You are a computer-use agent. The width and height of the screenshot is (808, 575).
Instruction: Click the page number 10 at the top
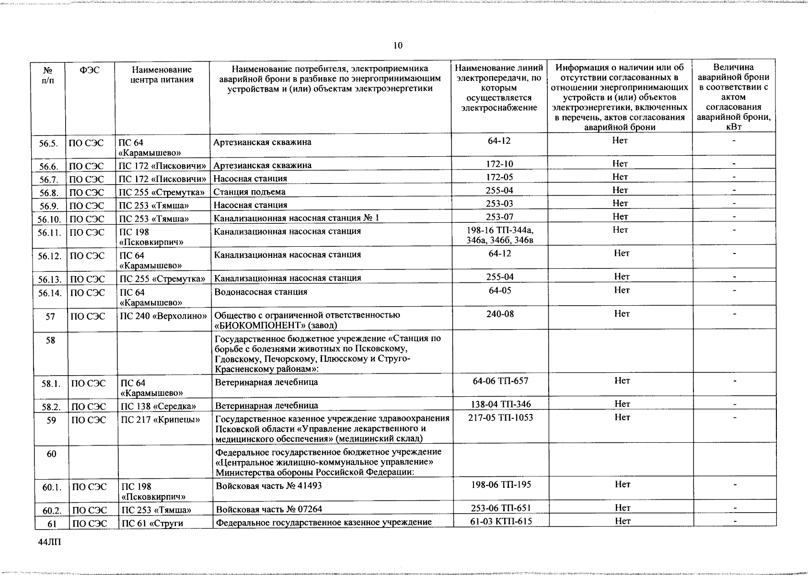click(x=398, y=46)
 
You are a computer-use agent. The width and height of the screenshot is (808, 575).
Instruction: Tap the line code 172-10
click(x=499, y=164)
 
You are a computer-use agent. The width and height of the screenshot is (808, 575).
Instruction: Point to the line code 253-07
click(x=499, y=217)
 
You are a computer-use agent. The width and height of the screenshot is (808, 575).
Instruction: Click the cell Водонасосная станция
click(x=261, y=291)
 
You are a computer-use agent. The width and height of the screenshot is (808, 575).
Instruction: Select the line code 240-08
click(x=500, y=314)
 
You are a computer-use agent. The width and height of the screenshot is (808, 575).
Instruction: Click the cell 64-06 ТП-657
click(x=500, y=381)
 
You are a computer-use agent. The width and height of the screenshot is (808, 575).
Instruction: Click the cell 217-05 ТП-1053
click(x=500, y=417)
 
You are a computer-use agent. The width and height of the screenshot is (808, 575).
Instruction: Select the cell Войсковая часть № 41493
click(x=269, y=485)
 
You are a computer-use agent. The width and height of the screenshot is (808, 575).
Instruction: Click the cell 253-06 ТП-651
click(x=501, y=508)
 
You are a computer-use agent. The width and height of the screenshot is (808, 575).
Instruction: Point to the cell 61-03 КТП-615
click(x=501, y=521)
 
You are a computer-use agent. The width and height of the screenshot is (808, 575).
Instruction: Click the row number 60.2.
click(x=51, y=510)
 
